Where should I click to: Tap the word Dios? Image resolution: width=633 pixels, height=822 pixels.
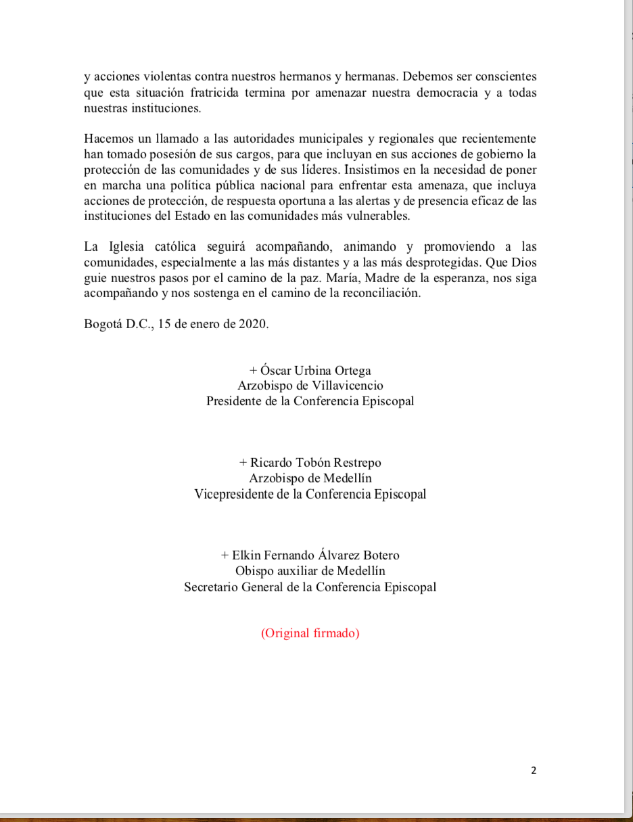point(524,262)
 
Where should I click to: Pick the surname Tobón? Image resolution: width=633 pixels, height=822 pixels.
point(313,463)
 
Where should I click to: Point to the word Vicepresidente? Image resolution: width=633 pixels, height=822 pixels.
point(234,494)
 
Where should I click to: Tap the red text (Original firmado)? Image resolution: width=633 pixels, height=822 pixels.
point(310,633)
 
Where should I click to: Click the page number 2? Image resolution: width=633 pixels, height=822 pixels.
point(534,770)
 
